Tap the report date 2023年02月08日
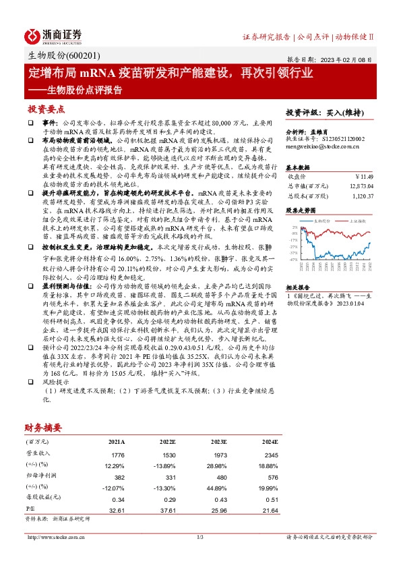pos(353,59)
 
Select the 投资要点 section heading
pos(47,109)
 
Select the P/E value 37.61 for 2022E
pos(162,511)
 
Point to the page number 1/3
pos(199,537)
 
